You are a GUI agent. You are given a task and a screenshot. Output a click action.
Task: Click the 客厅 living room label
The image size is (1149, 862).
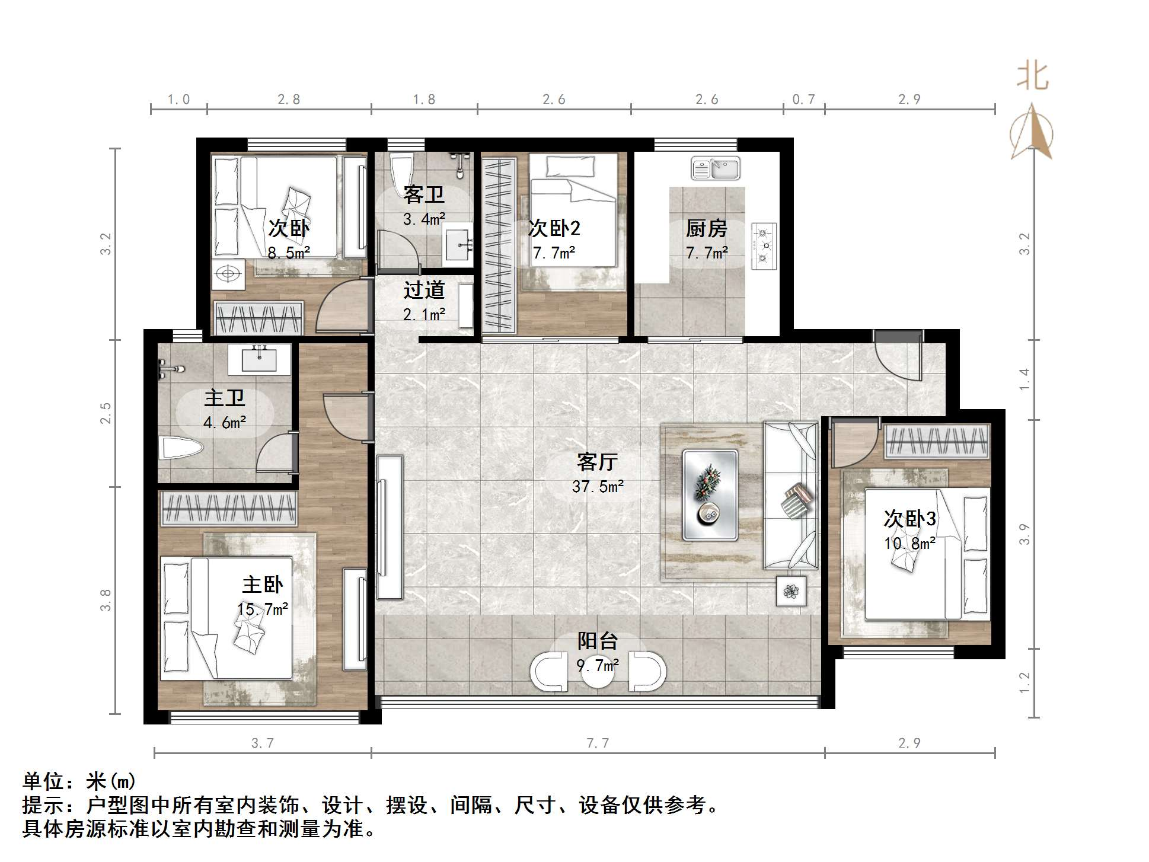click(597, 461)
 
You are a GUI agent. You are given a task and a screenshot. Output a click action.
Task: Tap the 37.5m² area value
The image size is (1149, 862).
click(597, 487)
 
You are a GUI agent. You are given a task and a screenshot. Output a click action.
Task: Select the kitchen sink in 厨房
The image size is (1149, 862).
click(716, 168)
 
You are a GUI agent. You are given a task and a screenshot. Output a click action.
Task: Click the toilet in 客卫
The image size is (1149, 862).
click(402, 168)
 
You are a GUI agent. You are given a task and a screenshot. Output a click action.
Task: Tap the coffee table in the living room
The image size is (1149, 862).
click(710, 495)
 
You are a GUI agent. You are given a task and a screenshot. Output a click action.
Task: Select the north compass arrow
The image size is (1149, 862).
click(1032, 133)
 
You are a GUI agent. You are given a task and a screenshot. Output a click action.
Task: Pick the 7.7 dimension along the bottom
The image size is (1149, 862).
click(597, 743)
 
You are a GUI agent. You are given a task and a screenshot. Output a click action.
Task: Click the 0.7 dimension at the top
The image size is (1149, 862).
click(803, 100)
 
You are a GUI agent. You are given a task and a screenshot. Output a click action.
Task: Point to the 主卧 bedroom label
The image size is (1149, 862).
click(262, 585)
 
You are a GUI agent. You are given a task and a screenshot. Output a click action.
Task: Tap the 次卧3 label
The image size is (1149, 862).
click(909, 519)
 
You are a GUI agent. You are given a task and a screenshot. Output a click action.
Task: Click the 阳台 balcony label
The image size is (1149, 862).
click(597, 641)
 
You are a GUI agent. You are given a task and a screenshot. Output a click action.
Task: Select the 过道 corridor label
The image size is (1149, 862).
click(423, 290)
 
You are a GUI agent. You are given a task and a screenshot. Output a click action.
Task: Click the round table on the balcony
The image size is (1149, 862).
click(598, 671)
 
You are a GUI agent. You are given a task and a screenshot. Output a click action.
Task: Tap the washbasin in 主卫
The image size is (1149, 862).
click(259, 359)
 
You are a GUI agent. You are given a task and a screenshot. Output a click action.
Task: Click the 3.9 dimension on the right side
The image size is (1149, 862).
click(1024, 534)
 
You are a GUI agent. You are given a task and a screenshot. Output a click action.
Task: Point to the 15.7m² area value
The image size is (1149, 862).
click(262, 609)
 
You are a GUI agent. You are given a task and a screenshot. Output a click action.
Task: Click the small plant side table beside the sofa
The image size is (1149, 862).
click(791, 590)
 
